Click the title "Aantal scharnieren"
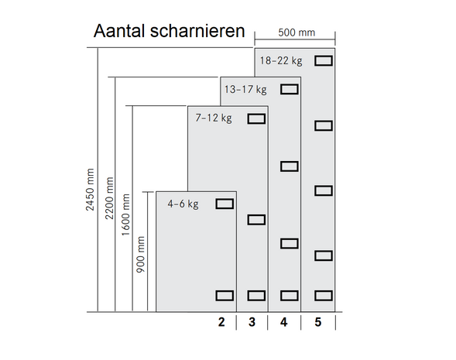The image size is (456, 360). [x=169, y=31]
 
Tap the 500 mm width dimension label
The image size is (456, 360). [x=297, y=33]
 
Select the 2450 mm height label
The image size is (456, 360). [x=90, y=190]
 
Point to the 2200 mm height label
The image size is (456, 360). [x=109, y=198]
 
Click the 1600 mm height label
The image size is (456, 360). [x=125, y=215]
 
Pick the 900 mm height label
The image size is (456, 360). [x=140, y=255]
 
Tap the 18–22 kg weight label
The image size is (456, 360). [x=281, y=61]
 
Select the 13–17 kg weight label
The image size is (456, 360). [x=245, y=89]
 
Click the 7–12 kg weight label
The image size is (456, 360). [x=214, y=118]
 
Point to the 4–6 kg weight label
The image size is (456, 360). [x=183, y=204]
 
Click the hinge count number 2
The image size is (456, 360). [x=221, y=322]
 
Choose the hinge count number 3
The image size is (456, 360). [x=252, y=322]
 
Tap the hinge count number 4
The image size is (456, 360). [x=284, y=322]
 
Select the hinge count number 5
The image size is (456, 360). [x=318, y=322]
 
